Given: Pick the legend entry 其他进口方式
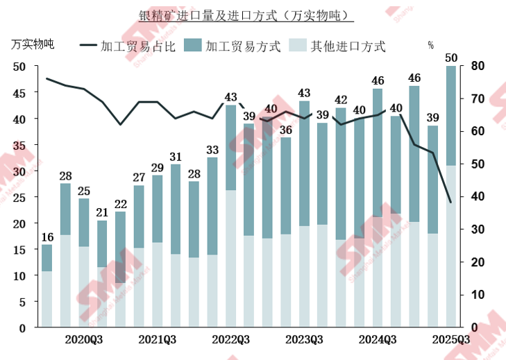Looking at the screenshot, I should (348, 46).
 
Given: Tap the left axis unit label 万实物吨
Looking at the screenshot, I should (32, 44).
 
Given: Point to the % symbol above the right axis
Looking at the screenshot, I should (430, 46).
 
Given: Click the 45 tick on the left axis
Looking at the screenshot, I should (20, 93).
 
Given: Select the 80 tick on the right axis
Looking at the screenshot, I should (479, 67).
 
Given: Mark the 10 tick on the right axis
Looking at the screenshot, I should (479, 295).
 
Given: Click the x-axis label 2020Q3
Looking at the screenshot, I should (85, 340).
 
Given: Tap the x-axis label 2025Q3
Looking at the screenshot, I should (451, 340).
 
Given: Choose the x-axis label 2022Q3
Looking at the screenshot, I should (231, 340).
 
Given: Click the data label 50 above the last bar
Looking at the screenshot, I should (450, 57).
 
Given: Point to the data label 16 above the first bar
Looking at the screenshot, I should (47, 237).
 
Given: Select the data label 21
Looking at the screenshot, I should (102, 213).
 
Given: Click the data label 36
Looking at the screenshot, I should (285, 130).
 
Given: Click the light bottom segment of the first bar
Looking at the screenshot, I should (47, 298).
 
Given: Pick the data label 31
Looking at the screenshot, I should (176, 157).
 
